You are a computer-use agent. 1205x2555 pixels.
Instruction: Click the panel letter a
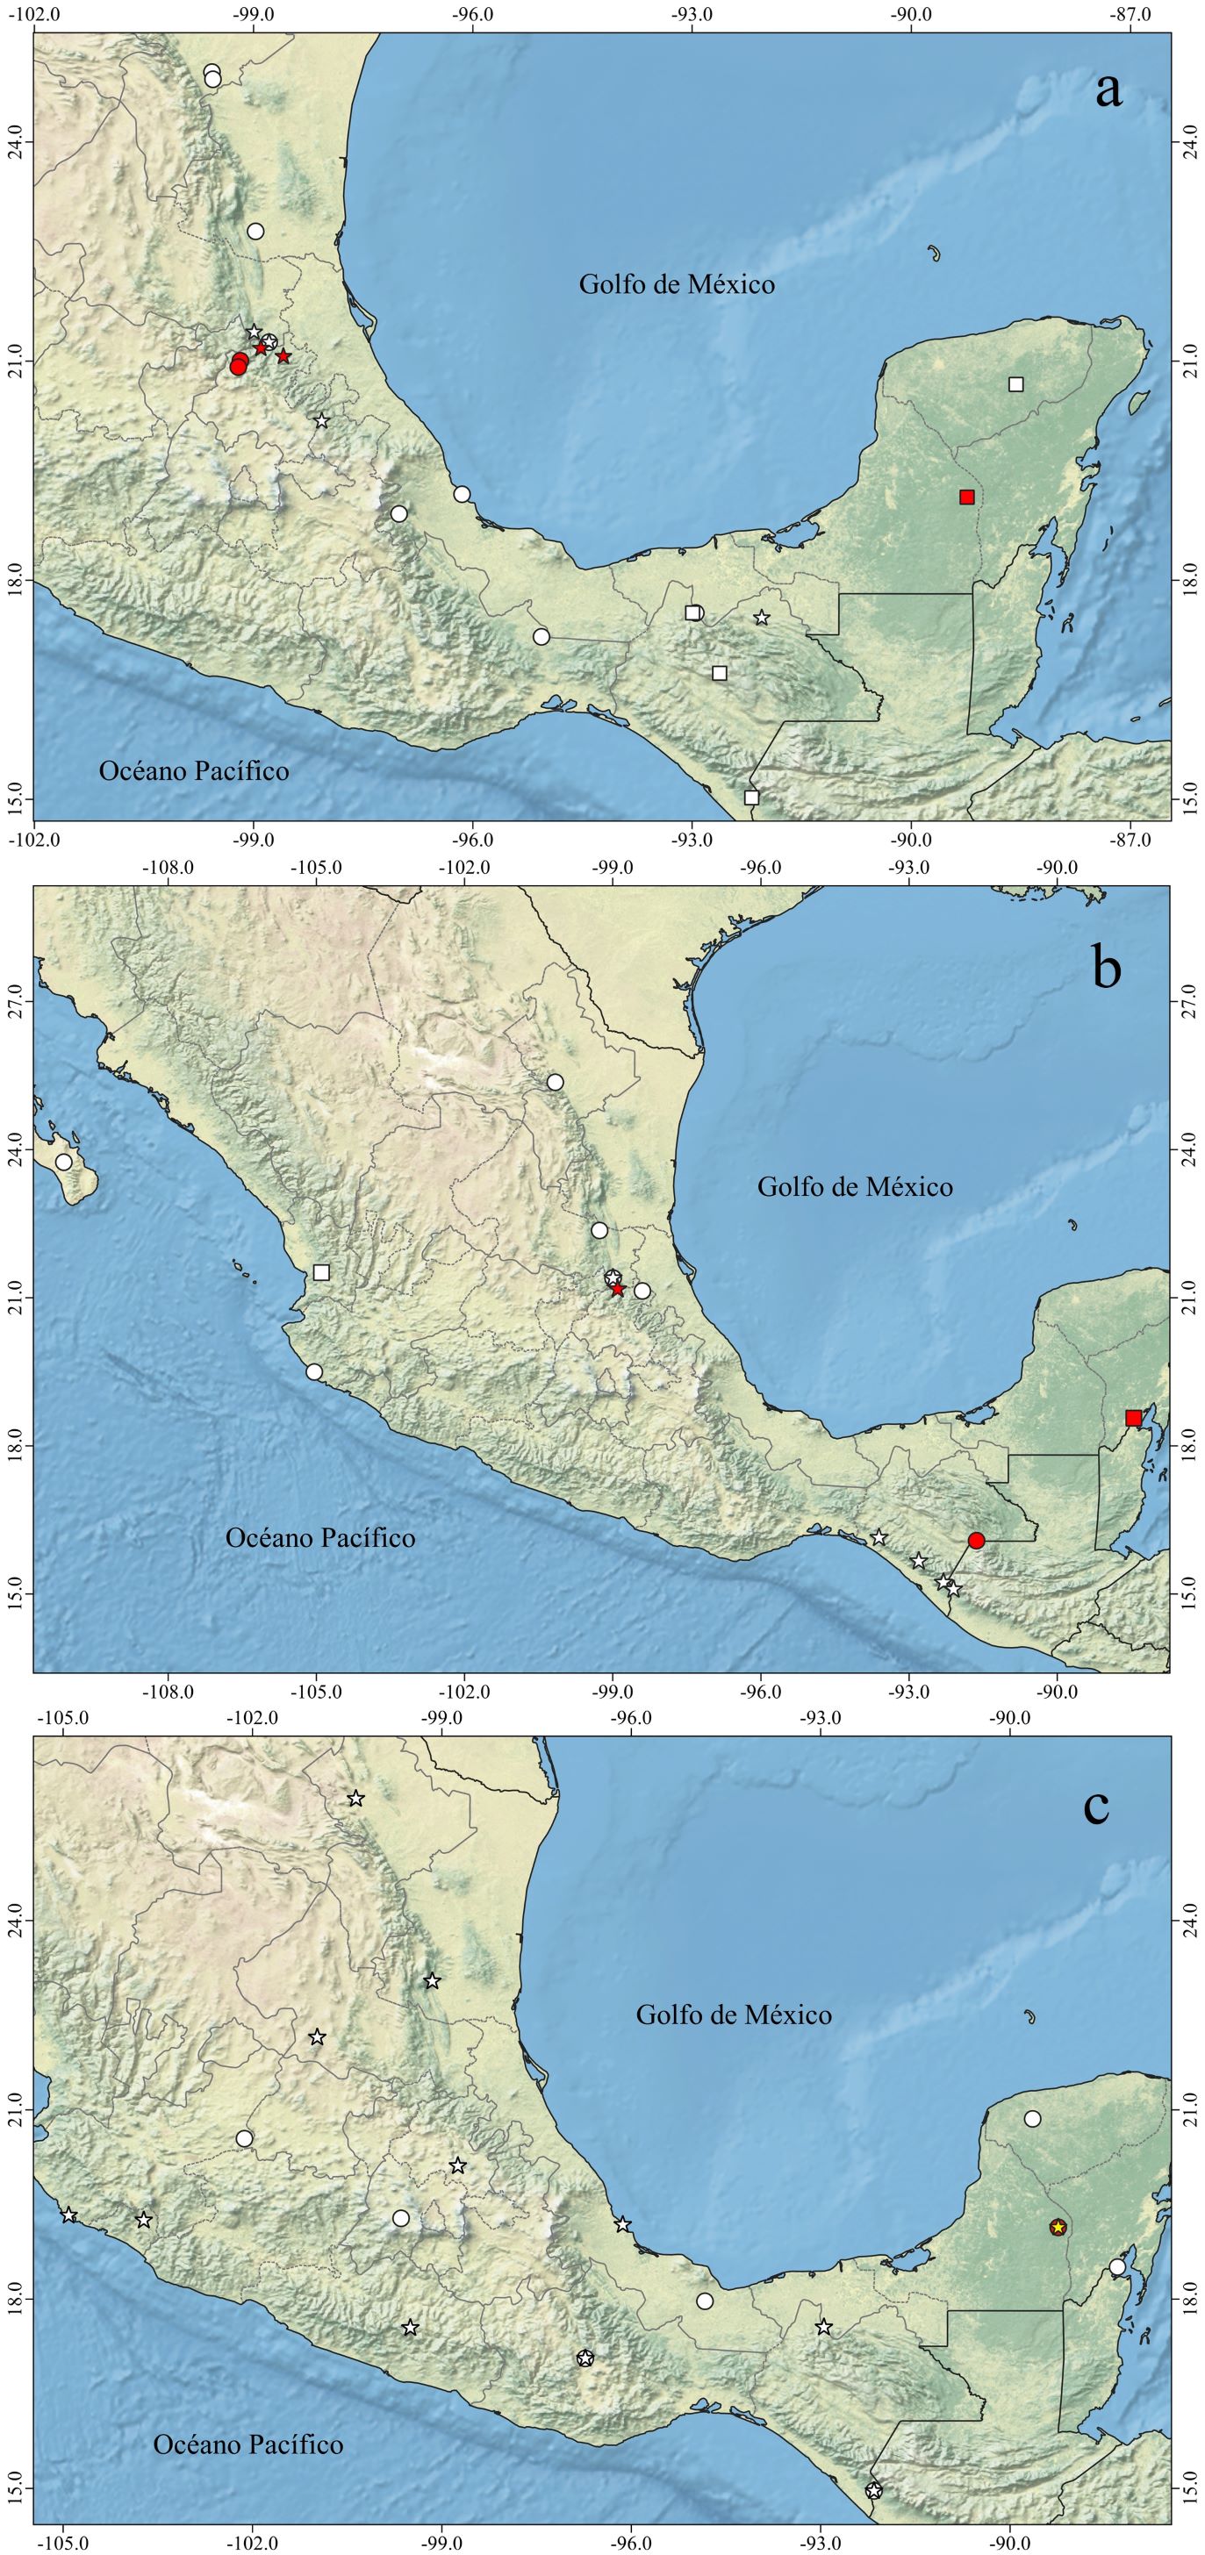click(x=1108, y=89)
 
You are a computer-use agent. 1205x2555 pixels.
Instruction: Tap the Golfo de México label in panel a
click(x=677, y=284)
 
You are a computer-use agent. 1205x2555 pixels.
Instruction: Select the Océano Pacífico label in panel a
click(x=193, y=770)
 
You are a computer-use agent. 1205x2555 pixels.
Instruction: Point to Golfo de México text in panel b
click(x=854, y=1186)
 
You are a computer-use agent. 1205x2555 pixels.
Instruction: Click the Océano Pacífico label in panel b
click(x=319, y=1538)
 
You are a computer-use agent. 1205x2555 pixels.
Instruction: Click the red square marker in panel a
click(x=967, y=497)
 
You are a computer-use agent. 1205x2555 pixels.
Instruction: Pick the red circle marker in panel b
click(x=976, y=1541)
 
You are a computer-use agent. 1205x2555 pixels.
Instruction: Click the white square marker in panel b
click(x=321, y=1272)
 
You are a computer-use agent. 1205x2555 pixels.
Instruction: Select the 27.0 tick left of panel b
click(x=15, y=1002)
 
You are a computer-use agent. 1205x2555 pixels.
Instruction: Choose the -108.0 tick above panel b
click(x=168, y=868)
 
